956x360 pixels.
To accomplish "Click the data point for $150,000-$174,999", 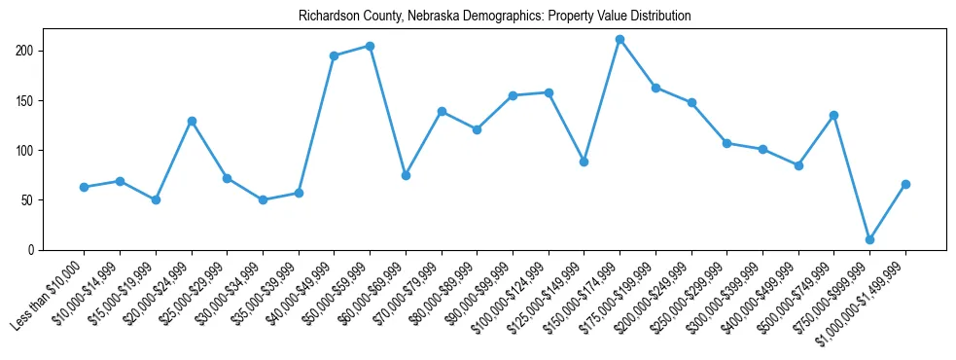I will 620,39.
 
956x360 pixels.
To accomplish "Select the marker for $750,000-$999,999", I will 869,239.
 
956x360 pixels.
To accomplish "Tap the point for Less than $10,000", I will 84,187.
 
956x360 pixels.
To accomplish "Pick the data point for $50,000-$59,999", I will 370,46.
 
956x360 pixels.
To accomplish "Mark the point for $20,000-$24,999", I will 192,121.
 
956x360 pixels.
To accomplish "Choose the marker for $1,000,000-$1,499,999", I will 905,184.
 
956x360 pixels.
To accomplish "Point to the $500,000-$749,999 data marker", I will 833,115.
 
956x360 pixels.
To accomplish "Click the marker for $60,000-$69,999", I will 406,175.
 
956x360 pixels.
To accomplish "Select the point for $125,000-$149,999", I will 584,162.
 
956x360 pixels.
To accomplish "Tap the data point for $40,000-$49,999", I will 334,55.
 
